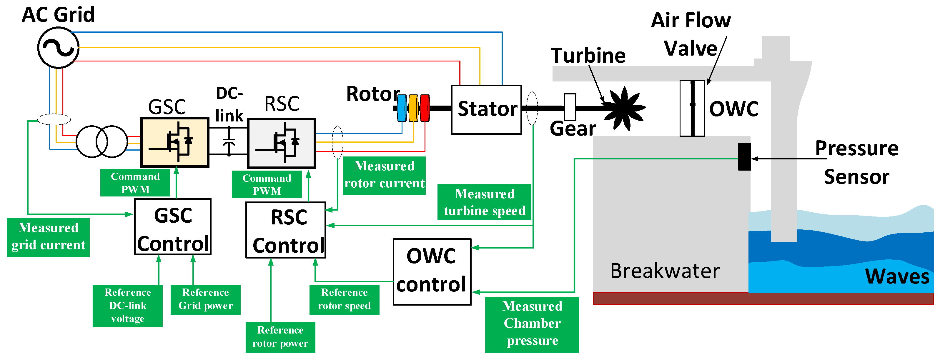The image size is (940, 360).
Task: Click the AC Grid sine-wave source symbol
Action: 58,48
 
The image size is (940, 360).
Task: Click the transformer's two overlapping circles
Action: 102,142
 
